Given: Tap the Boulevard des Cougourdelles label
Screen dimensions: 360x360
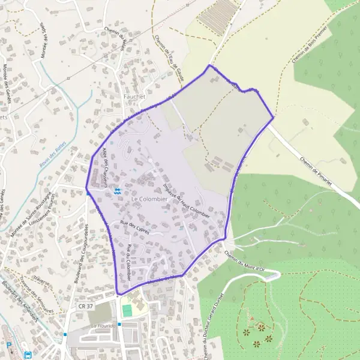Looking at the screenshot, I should [x=80, y=260].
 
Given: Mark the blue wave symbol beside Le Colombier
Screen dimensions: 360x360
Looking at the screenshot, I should [x=118, y=192].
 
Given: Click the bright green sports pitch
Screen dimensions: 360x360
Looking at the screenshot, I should [x=127, y=311].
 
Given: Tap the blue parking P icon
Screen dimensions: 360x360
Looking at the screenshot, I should [x=9, y=346].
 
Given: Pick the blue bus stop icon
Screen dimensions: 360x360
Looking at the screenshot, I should [x=28, y=355].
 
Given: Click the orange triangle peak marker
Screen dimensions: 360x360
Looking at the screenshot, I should [x=253, y=318].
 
